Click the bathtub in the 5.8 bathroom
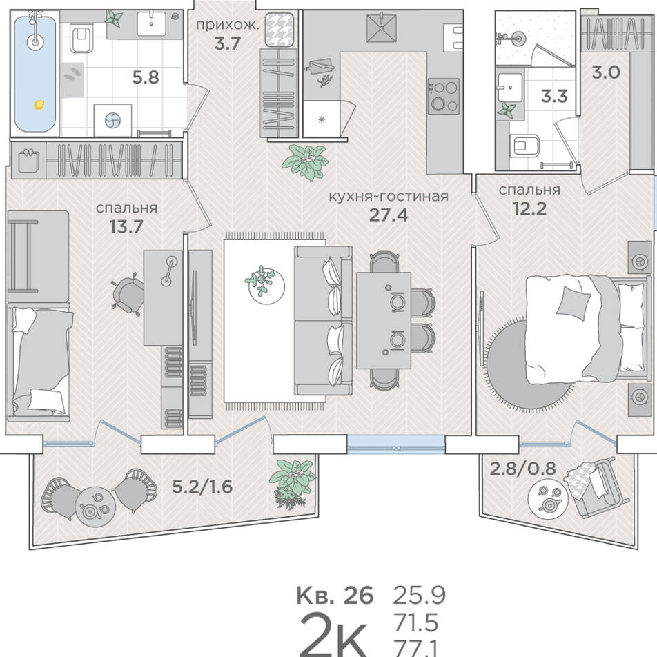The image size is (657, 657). (x=35, y=73)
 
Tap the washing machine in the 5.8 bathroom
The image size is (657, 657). (x=112, y=120)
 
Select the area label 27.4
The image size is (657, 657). (x=388, y=215)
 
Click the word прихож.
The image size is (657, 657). (x=228, y=25)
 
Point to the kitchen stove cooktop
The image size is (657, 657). (x=443, y=96)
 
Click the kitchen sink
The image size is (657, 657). (x=381, y=28)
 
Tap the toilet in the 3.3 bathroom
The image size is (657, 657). (x=524, y=146)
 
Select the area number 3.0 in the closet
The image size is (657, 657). (x=605, y=72)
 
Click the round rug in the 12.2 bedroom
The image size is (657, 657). (x=529, y=363)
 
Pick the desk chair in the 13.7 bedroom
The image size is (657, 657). (x=127, y=293)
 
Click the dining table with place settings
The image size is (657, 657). (x=384, y=320)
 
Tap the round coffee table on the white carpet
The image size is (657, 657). (x=265, y=285)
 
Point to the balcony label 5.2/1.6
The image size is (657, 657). (x=202, y=487)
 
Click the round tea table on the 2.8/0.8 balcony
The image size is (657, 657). (x=549, y=498)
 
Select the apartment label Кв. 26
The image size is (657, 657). (x=335, y=596)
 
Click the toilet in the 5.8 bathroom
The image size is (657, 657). (x=81, y=39)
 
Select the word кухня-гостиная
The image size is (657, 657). (x=389, y=197)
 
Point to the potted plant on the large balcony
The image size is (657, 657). (x=292, y=484)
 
